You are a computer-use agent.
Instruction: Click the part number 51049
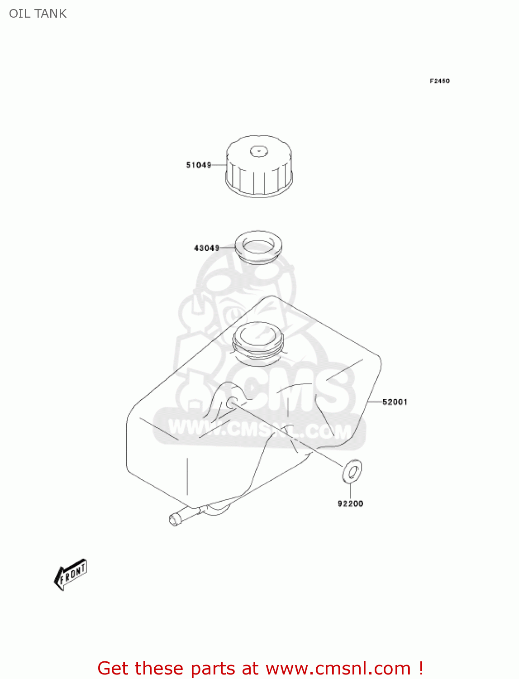pos(199,165)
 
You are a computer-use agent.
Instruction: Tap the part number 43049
pos(207,248)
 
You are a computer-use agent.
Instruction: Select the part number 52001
pos(395,402)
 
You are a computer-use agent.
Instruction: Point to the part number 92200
pos(350,504)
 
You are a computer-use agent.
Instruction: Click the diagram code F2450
pos(439,81)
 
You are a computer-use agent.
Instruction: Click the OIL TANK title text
pos(38,14)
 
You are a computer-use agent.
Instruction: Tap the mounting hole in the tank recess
pos(232,402)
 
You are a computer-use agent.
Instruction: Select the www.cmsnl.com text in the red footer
pos(338,669)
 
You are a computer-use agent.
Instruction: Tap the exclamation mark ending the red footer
pos(420,669)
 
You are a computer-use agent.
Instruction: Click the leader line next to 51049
pos(219,165)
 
